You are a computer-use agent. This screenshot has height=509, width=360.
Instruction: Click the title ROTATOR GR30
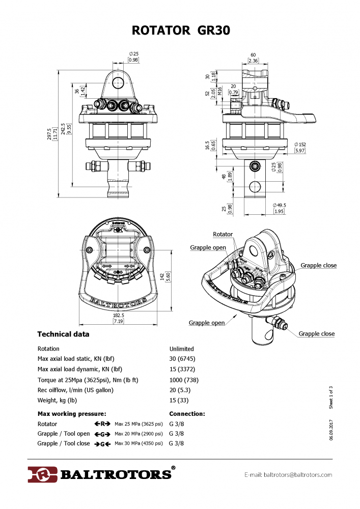coord(180,31)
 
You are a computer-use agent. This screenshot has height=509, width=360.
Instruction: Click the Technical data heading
coord(63,334)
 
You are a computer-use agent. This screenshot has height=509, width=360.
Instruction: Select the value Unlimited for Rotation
coord(181,349)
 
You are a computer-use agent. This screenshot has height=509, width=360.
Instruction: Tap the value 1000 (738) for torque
coord(184,380)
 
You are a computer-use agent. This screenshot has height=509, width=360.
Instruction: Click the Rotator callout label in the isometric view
coord(223,235)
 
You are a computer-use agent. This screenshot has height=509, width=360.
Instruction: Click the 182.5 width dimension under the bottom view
coord(118,316)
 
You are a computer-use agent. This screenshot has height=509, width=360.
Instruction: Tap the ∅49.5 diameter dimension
coord(280,205)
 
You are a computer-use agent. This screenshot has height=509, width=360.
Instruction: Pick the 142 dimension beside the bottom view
coord(176,276)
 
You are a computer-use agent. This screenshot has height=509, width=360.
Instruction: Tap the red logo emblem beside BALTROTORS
coord(42,474)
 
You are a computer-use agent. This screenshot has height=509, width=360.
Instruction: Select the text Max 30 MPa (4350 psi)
coord(139,443)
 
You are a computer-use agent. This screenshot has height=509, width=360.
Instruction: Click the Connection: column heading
coord(187,414)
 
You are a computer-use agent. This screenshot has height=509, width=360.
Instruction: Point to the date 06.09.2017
coord(330,430)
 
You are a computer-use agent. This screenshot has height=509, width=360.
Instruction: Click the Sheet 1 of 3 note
coord(330,398)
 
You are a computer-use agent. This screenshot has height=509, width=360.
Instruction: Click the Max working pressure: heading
coord(72,414)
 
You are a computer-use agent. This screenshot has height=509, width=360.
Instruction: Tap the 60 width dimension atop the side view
coord(253,55)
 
